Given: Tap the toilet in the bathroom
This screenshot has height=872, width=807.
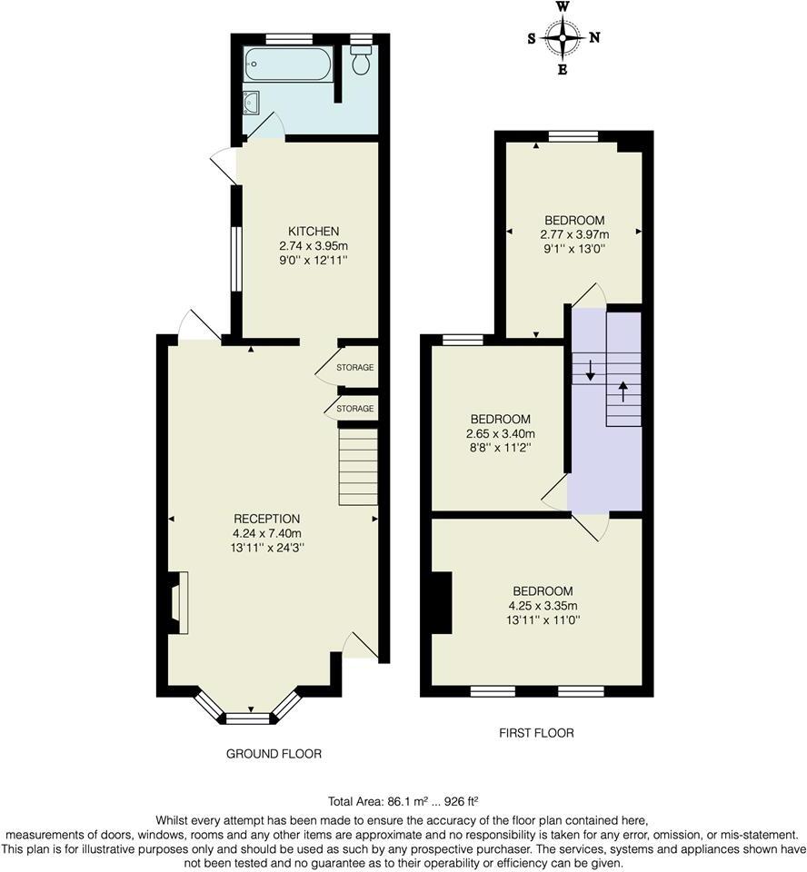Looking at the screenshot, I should click(x=362, y=61).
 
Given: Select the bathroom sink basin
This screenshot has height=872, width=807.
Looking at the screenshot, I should click(x=253, y=103).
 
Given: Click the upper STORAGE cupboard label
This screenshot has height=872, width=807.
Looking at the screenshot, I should click(x=355, y=368).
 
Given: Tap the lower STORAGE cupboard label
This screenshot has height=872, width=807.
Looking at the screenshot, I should click(x=355, y=410).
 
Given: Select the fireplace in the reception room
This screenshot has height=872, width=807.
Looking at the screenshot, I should click(x=175, y=601).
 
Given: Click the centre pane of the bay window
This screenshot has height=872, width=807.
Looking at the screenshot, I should click(x=248, y=718).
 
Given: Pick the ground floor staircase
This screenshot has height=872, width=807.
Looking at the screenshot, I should click(x=359, y=466).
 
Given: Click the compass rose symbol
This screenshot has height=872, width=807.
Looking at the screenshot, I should click(x=563, y=37).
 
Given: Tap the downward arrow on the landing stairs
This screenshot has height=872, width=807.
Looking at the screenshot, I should click(x=590, y=369).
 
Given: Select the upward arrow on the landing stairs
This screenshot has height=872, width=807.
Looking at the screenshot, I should click(x=623, y=391).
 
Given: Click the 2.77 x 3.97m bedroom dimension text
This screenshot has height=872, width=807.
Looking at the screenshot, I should click(x=573, y=234).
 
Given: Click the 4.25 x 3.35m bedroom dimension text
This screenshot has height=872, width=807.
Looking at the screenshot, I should click(x=543, y=606).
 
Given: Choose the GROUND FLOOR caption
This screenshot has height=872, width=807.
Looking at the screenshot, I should click(x=274, y=754).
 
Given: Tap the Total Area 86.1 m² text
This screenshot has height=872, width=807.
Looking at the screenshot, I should click(x=403, y=801).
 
